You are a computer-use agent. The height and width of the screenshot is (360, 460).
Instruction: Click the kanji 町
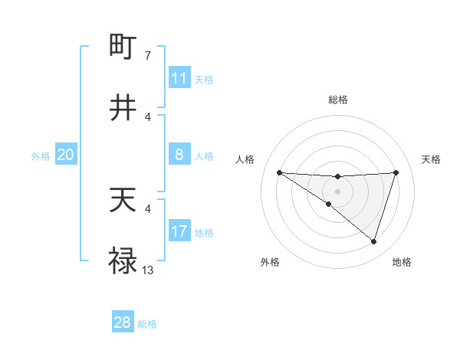123,47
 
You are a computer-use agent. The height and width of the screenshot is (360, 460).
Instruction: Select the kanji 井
123,108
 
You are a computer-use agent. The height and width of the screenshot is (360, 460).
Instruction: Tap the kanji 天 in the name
123,201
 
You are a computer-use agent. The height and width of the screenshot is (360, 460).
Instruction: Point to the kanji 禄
123,262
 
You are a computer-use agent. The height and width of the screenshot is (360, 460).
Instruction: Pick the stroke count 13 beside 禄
148,270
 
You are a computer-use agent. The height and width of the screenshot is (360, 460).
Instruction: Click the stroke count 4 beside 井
147,116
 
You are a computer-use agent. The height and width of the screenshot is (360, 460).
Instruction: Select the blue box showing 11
179,78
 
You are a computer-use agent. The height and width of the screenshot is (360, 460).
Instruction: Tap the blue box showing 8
179,155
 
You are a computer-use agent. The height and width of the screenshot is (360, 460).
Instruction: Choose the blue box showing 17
179,231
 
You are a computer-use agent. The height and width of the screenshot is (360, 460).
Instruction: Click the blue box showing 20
65,155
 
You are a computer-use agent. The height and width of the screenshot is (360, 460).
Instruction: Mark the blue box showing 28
122,322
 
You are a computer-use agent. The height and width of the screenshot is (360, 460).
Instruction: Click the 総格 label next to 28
147,324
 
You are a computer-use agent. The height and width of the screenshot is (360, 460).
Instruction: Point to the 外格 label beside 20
41,156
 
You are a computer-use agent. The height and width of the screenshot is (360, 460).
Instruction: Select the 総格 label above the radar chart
337,100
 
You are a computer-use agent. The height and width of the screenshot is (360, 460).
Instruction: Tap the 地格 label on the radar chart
402,262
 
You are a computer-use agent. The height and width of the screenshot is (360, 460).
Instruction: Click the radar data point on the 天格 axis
396,172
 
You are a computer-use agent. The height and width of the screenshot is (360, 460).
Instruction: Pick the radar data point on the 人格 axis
279,172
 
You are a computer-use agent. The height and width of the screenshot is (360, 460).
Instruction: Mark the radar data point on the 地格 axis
373,241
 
